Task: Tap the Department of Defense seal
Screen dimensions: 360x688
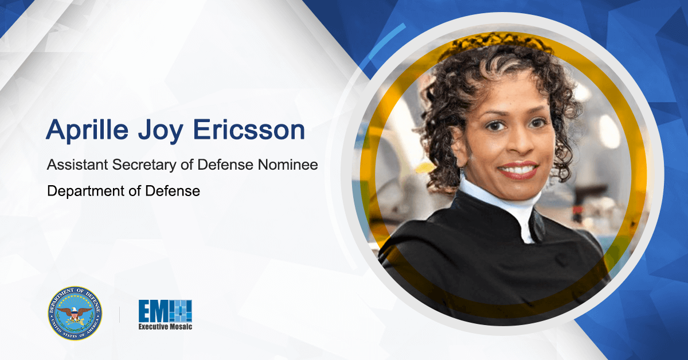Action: click(x=75, y=313)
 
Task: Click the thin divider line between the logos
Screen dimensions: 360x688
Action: click(x=119, y=314)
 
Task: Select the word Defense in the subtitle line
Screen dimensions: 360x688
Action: click(x=226, y=165)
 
